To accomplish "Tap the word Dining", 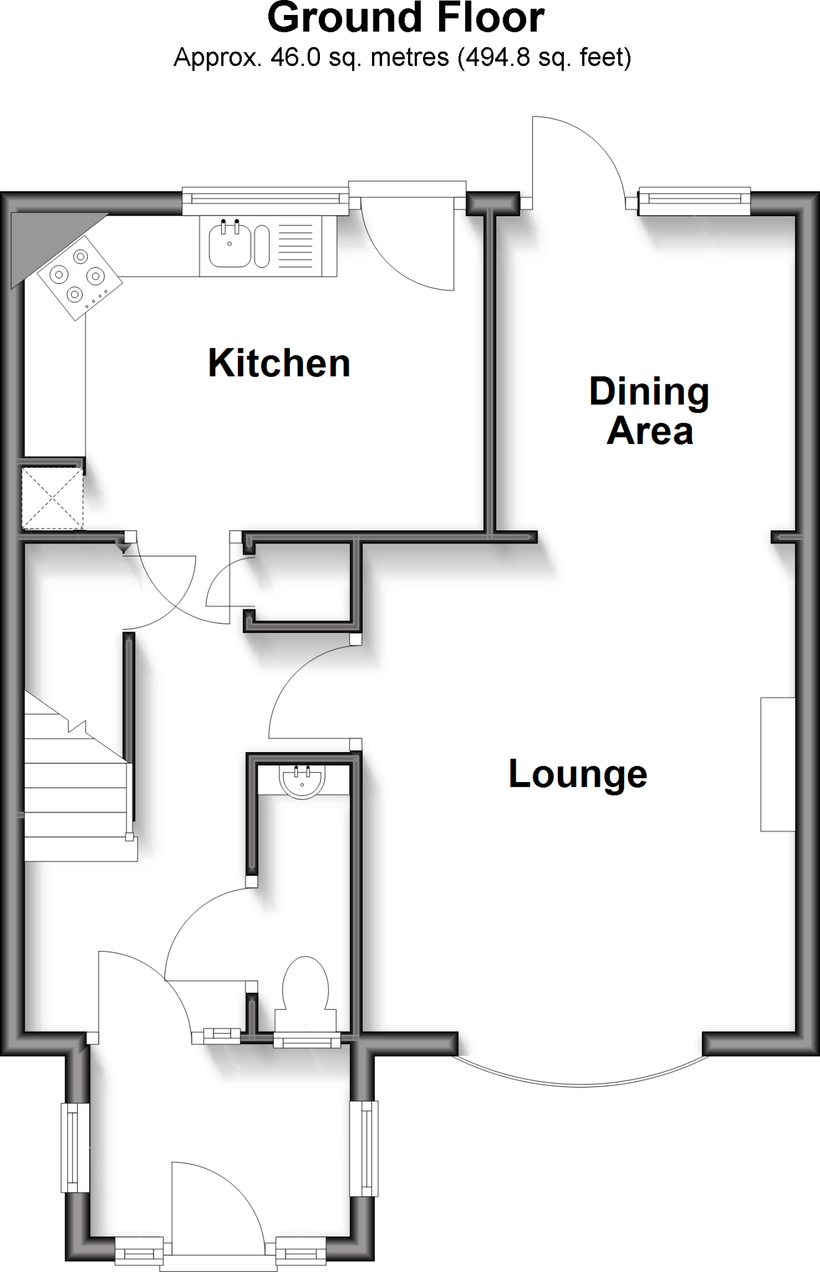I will pyautogui.click(x=649, y=393).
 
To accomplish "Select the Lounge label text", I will pyautogui.click(x=578, y=775).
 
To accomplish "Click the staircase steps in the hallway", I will pyautogui.click(x=75, y=789).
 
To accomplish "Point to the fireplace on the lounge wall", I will pyautogui.click(x=778, y=764).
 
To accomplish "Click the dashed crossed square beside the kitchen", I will pyautogui.click(x=53, y=499).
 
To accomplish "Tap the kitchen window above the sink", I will pyautogui.click(x=266, y=198).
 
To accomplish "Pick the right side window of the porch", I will pyautogui.click(x=363, y=1148).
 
